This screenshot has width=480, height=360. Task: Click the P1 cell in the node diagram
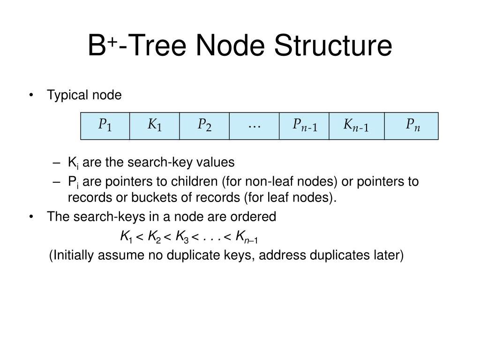coord(105,126)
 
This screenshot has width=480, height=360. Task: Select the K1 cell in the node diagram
coord(155,126)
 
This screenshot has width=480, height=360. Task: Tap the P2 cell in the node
coord(204,126)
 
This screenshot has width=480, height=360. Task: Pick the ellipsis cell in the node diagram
coord(254,126)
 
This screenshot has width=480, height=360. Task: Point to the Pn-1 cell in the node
coord(304,126)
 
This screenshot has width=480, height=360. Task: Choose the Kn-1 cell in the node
coord(357,126)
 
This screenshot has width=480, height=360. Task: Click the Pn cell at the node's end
coord(412,126)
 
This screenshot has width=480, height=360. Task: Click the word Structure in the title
coord(333,46)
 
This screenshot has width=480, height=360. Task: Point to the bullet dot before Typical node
coord(31,96)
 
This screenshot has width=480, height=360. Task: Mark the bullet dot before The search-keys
coord(31,217)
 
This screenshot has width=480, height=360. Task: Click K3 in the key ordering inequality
coord(181,237)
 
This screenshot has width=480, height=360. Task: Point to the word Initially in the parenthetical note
coord(72,255)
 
